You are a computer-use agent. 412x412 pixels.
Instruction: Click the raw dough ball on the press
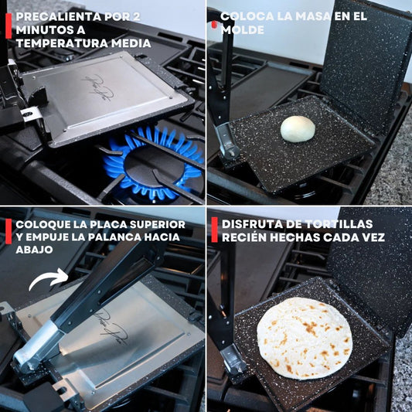coord(298,129)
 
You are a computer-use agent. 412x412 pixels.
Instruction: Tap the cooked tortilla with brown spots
coord(305,338)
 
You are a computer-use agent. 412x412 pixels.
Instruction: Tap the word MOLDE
coord(243,30)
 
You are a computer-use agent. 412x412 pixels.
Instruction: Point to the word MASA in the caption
coord(312,16)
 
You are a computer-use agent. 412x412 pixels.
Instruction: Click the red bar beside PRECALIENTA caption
coord(9,26)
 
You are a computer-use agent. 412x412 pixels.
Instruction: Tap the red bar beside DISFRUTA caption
coord(215,230)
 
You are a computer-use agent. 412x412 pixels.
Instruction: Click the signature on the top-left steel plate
coord(97,87)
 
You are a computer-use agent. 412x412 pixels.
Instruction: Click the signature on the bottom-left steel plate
coord(114,327)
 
